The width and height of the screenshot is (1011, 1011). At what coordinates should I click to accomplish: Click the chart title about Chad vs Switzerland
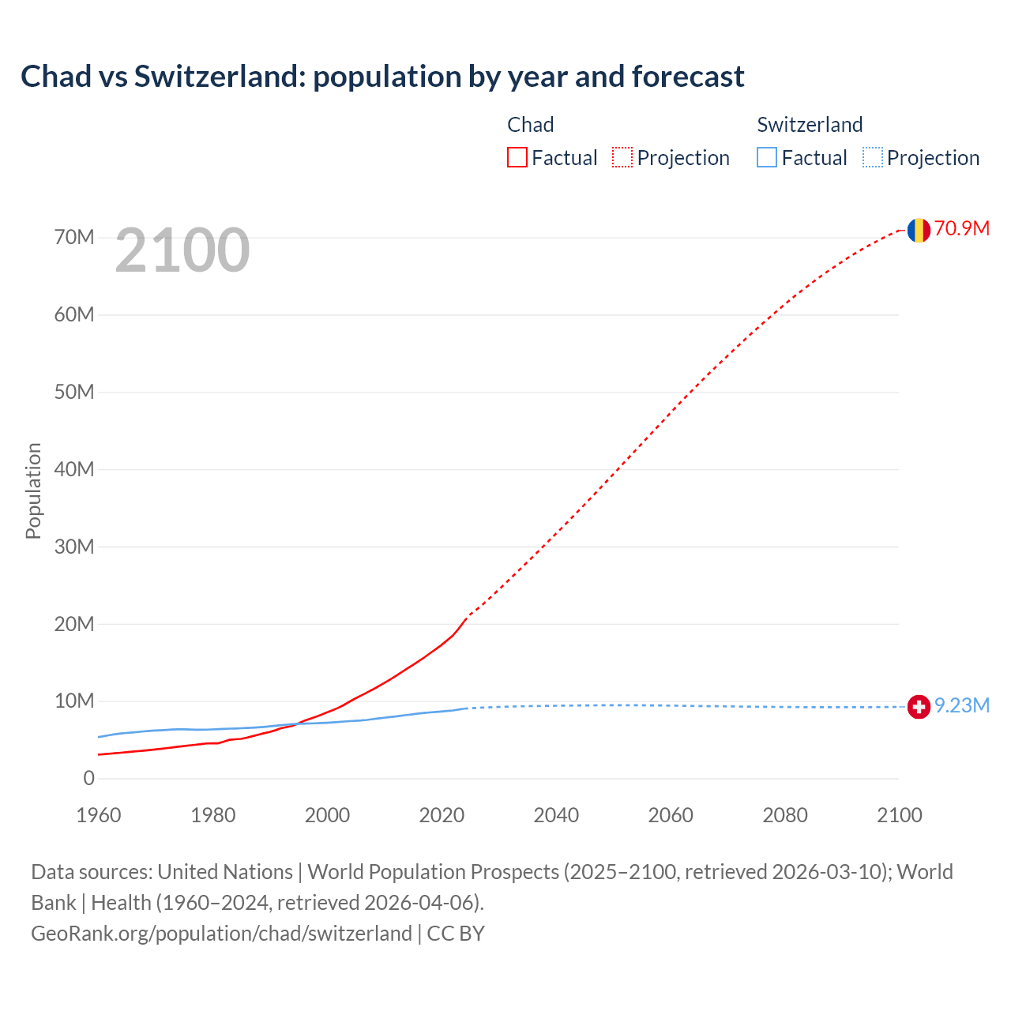382,77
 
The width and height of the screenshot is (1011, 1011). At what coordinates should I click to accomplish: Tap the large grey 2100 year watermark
182,250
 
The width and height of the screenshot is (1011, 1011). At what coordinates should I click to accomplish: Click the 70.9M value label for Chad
961,229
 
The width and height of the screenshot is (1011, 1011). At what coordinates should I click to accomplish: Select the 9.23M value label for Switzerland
961,705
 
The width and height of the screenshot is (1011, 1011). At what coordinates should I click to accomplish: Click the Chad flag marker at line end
919,230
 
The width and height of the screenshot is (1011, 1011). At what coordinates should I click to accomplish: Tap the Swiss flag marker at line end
919,706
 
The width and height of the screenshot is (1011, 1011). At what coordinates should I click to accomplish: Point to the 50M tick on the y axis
74,393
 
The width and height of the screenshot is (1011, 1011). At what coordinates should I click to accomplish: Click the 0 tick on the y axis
88,779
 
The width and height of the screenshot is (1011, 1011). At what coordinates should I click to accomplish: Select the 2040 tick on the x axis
556,816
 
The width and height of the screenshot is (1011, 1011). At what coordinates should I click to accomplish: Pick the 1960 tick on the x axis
99,816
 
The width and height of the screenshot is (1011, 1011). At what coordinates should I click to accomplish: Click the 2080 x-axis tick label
785,816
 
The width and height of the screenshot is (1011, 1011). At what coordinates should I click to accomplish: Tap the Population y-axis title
33,490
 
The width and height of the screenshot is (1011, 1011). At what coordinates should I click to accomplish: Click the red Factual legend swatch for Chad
517,158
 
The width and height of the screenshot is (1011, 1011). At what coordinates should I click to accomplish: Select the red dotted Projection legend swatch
622,158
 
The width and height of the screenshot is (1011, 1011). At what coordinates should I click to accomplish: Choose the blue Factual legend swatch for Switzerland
767,158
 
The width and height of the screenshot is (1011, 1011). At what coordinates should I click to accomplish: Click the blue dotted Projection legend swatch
873,158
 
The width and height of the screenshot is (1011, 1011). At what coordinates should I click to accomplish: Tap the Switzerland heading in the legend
810,125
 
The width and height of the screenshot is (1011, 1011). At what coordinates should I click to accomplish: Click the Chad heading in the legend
530,125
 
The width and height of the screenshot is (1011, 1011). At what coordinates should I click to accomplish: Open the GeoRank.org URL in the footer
221,934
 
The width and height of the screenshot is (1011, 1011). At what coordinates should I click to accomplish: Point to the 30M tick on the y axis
74,547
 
